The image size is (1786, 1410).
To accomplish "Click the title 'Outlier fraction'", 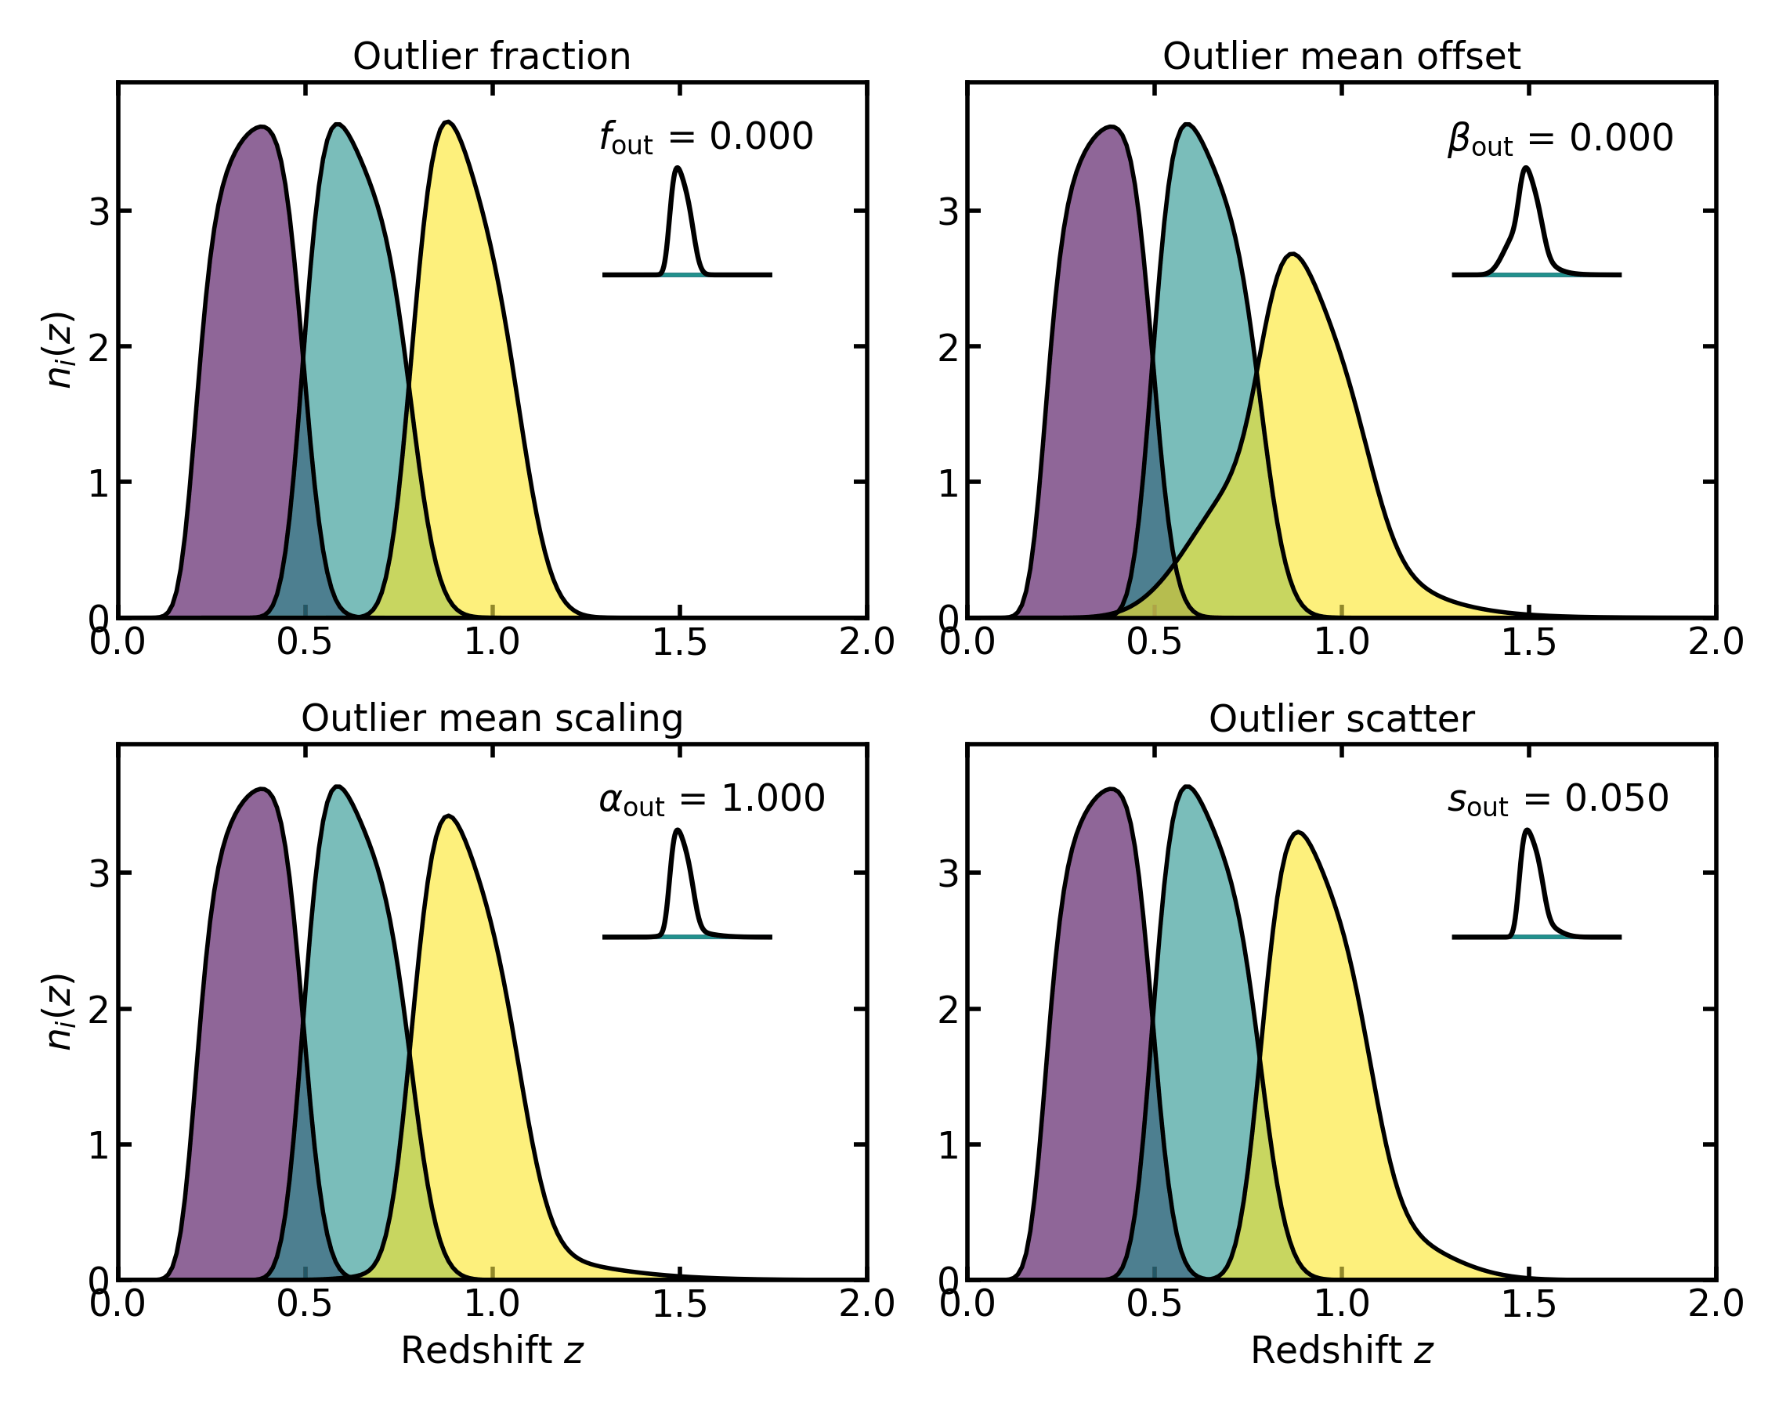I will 491,57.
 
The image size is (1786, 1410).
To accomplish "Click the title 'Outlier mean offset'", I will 1341,57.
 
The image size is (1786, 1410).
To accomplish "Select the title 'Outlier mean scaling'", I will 491,719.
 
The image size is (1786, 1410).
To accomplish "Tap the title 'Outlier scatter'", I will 1341,719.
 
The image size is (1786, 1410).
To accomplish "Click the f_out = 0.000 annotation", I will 707,137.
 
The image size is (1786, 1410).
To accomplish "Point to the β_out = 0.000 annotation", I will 1560,139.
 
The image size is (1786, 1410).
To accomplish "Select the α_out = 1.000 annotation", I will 711,799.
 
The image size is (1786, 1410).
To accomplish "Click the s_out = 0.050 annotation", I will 1558,799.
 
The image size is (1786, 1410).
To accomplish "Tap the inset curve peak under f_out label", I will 678,168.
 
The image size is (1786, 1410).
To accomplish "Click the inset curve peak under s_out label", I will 1527,830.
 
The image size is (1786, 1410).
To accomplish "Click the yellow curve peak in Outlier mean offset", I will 1292,255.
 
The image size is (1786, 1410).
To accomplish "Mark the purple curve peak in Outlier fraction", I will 262,127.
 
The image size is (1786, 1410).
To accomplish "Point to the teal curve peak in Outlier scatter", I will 1187,786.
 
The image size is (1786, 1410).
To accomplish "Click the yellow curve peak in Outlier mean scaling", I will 448,816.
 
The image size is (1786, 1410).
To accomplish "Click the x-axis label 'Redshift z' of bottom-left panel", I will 491,1351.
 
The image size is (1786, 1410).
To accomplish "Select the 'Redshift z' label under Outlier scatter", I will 1341,1351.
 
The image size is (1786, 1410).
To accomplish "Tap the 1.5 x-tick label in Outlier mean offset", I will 1527,643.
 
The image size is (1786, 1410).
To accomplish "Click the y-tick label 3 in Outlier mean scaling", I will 99,873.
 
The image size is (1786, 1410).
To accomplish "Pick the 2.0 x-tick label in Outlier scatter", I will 1715,1305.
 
